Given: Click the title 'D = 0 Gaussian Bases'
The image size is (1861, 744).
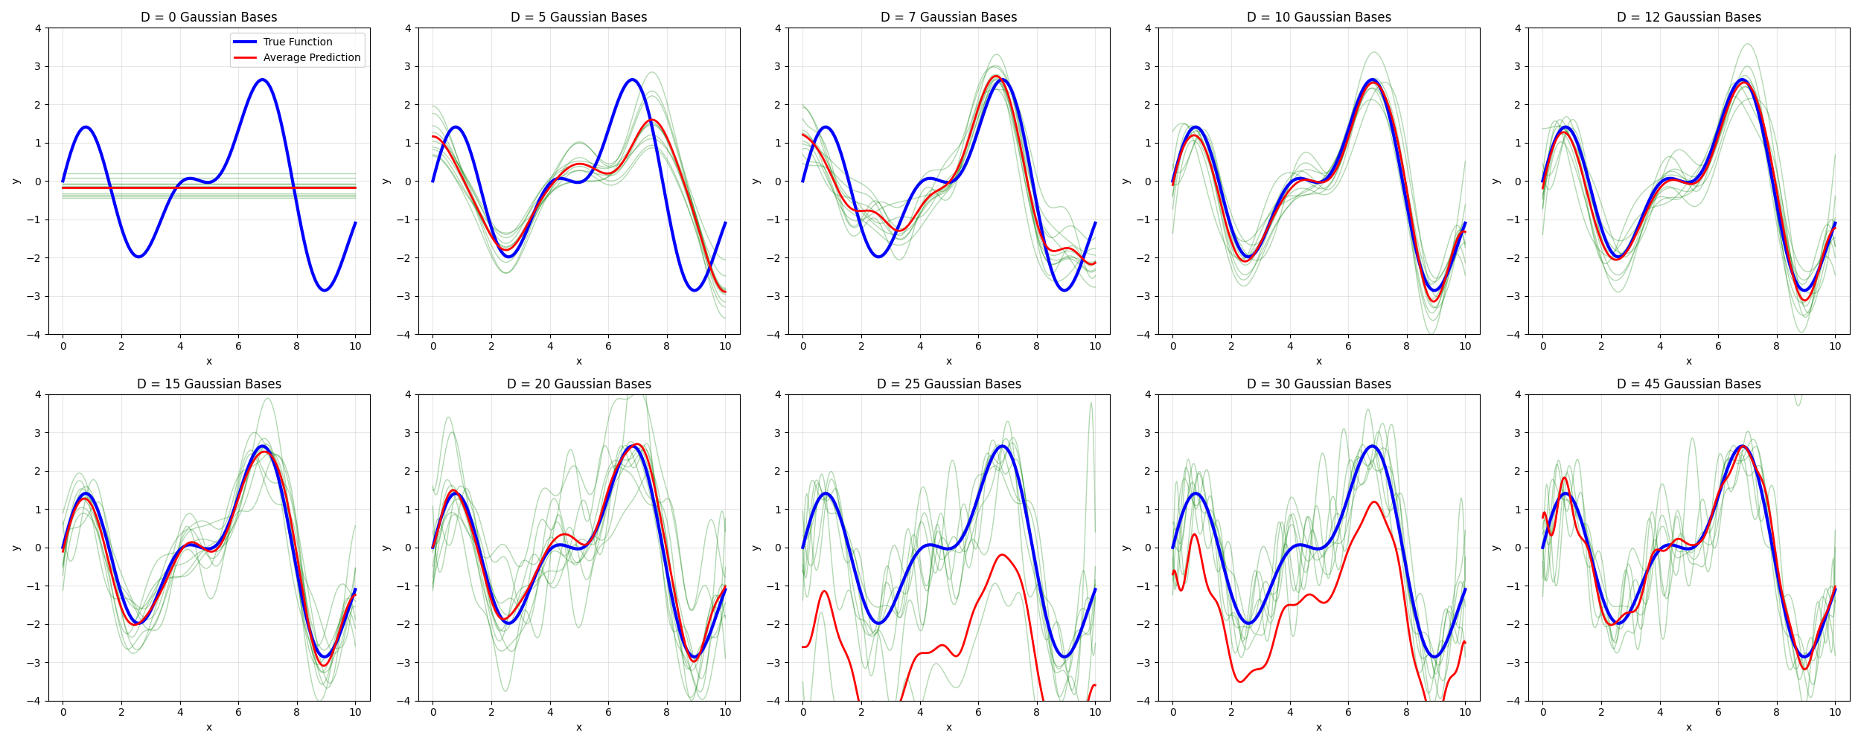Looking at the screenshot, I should coord(208,17).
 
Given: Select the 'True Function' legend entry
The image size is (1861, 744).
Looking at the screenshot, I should coord(297,42).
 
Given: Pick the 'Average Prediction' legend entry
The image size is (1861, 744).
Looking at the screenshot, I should coord(311,57).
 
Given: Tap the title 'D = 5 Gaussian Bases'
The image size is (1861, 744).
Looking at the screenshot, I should coord(578,17).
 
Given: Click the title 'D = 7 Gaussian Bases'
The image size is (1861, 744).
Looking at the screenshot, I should coord(948,17).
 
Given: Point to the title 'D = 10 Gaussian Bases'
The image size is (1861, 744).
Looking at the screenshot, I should coord(1318,17).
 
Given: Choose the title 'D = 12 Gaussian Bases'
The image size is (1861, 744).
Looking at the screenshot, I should coord(1688,17).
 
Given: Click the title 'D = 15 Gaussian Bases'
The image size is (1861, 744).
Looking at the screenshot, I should coord(208,384).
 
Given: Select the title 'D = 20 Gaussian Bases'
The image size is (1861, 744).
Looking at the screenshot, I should coord(578,384).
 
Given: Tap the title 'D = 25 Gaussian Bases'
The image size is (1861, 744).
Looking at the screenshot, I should coord(948,384).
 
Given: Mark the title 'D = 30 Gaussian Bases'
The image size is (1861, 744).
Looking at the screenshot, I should coord(1318,384).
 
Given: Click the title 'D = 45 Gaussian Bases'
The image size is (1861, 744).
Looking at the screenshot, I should coord(1688,384).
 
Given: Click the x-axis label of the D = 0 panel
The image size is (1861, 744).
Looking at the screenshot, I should coord(208,362).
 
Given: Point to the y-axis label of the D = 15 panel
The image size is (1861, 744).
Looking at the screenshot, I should coord(16,548).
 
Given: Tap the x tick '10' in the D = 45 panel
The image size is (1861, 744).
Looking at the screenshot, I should coord(1835,712).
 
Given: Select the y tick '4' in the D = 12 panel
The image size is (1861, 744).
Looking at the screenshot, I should coord(1518,28).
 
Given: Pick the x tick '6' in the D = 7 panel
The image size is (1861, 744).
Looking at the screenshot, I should coord(978,346).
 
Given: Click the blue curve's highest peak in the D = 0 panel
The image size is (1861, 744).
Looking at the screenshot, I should coord(262,80).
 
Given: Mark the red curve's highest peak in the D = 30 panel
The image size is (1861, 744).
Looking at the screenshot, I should coord(1373,502).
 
